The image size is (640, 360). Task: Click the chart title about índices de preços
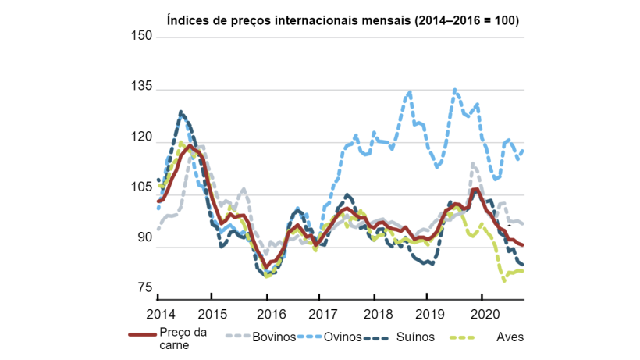tap(343, 20)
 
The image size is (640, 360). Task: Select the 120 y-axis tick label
tap(140, 137)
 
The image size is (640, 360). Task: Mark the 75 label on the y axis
tap(143, 289)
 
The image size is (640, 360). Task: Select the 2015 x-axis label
tap(212, 313)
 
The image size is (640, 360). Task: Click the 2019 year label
tap(427, 313)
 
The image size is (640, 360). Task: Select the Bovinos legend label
tap(273, 337)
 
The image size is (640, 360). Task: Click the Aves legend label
tap(510, 337)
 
